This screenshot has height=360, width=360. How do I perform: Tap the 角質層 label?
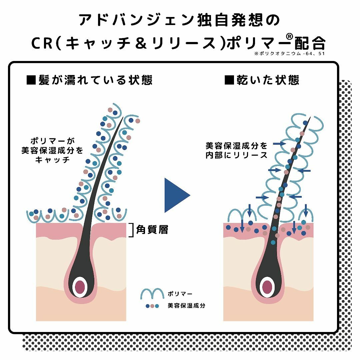[152, 230]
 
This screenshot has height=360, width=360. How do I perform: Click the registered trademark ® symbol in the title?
[290, 37]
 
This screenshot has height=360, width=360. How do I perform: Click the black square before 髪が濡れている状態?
[31, 80]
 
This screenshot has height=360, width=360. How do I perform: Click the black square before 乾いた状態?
[229, 80]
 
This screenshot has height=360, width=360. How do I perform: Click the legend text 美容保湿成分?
[186, 306]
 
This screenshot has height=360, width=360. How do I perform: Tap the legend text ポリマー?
[180, 294]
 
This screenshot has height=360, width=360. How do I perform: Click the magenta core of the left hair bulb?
[80, 287]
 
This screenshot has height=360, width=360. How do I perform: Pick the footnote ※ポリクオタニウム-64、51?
[290, 53]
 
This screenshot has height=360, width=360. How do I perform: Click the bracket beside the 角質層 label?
[132, 230]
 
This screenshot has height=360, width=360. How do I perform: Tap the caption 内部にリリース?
[236, 155]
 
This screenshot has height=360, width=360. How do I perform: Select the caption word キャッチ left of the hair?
[52, 160]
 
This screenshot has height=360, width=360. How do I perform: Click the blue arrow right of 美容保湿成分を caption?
[279, 143]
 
